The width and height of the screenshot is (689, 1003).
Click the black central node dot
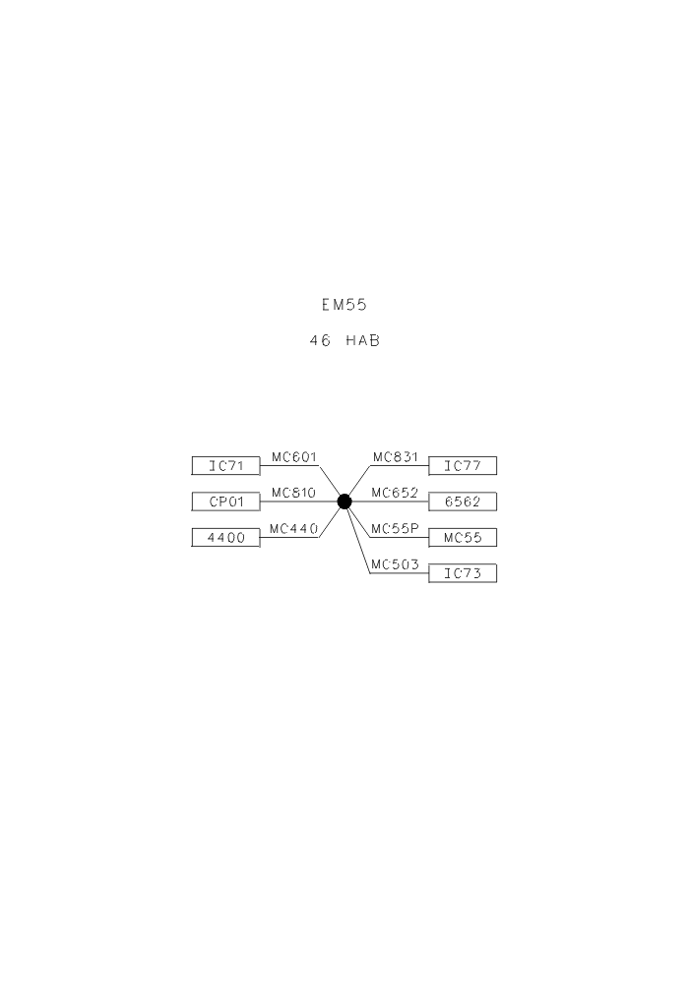tap(344, 501)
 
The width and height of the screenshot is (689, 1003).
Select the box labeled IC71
tap(226, 466)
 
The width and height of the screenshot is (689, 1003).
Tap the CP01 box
tap(226, 501)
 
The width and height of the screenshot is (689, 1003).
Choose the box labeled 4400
tap(226, 537)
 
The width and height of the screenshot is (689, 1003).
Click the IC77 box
tap(463, 466)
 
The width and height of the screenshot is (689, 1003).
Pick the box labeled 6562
tap(463, 501)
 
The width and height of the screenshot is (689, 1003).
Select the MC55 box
tap(463, 537)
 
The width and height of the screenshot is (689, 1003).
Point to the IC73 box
tap(463, 573)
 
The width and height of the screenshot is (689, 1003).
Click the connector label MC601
tap(294, 457)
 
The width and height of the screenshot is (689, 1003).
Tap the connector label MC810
tap(294, 494)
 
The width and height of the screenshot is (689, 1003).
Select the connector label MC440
tap(294, 529)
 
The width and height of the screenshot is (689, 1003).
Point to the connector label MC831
tap(395, 457)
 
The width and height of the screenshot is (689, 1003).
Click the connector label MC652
tap(395, 494)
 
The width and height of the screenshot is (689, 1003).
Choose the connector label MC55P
tap(395, 529)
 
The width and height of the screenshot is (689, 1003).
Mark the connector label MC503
tap(395, 564)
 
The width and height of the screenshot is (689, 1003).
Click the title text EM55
tap(344, 305)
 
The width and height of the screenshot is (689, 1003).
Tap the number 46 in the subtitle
tap(320, 341)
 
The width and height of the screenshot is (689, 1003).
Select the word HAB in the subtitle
tap(363, 341)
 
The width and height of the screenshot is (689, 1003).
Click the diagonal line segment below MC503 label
tap(357, 537)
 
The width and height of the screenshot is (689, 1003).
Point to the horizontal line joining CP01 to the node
tap(298, 501)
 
